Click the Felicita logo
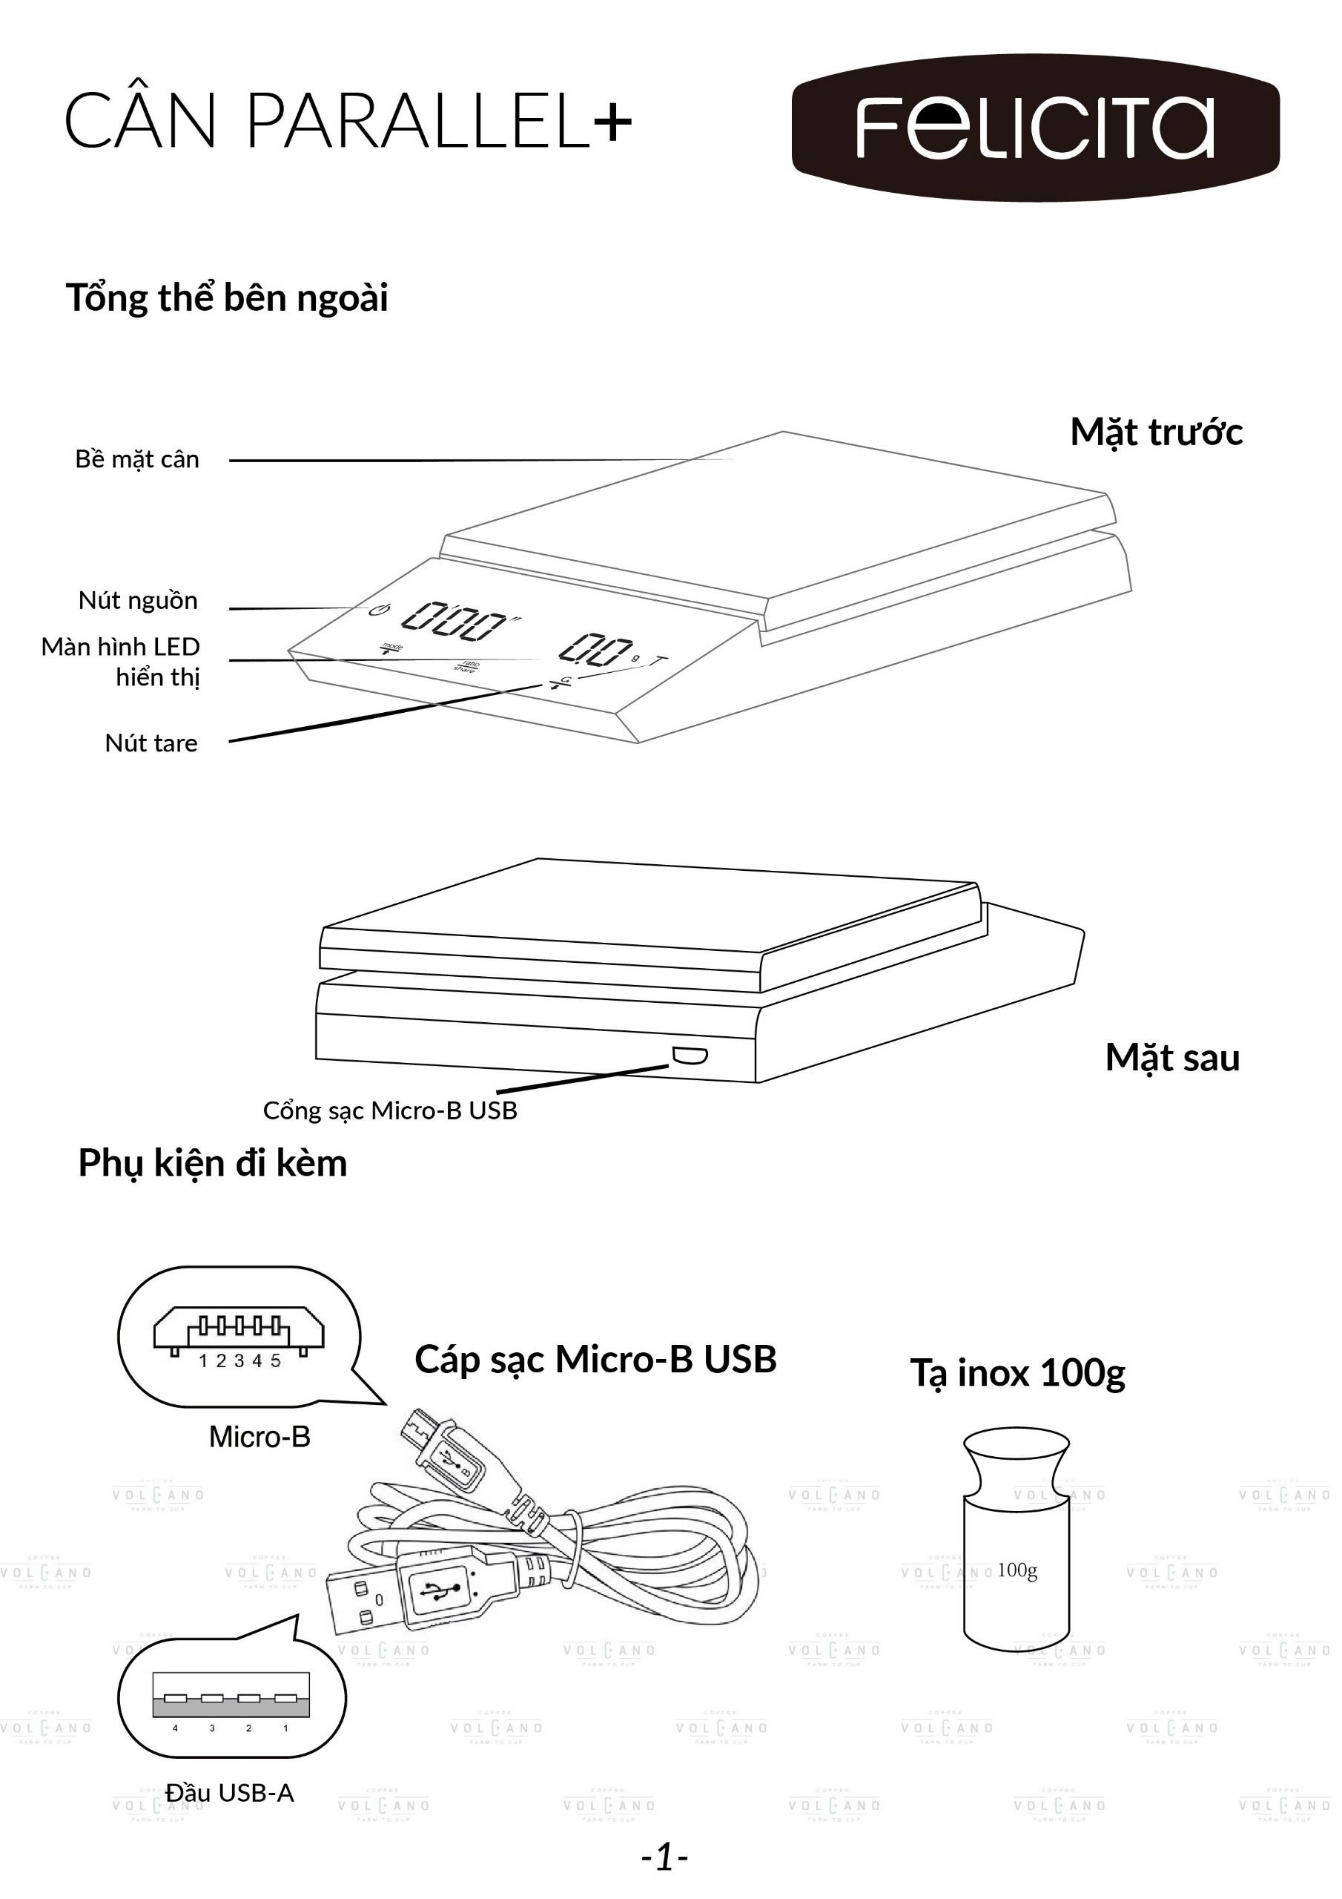click(1035, 128)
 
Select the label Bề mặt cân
click(137, 460)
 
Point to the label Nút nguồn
click(138, 600)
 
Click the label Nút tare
click(151, 743)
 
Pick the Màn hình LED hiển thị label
click(122, 662)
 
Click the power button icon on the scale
click(379, 610)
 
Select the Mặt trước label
click(1156, 432)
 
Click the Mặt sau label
click(1172, 1059)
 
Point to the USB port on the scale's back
click(690, 1055)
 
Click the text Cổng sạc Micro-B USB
click(389, 1110)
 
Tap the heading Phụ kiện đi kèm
click(213, 1164)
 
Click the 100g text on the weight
click(1017, 1570)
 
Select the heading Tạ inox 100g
click(1018, 1374)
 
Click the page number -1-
click(665, 1857)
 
